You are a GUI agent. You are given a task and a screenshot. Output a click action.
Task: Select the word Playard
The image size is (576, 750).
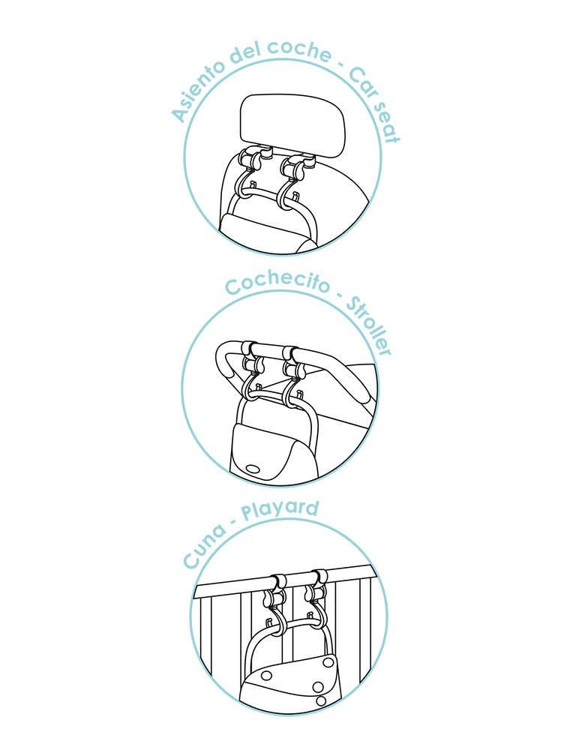pos(280,509)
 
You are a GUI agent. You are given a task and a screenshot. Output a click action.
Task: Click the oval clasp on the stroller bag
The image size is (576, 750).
pos(252,468)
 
